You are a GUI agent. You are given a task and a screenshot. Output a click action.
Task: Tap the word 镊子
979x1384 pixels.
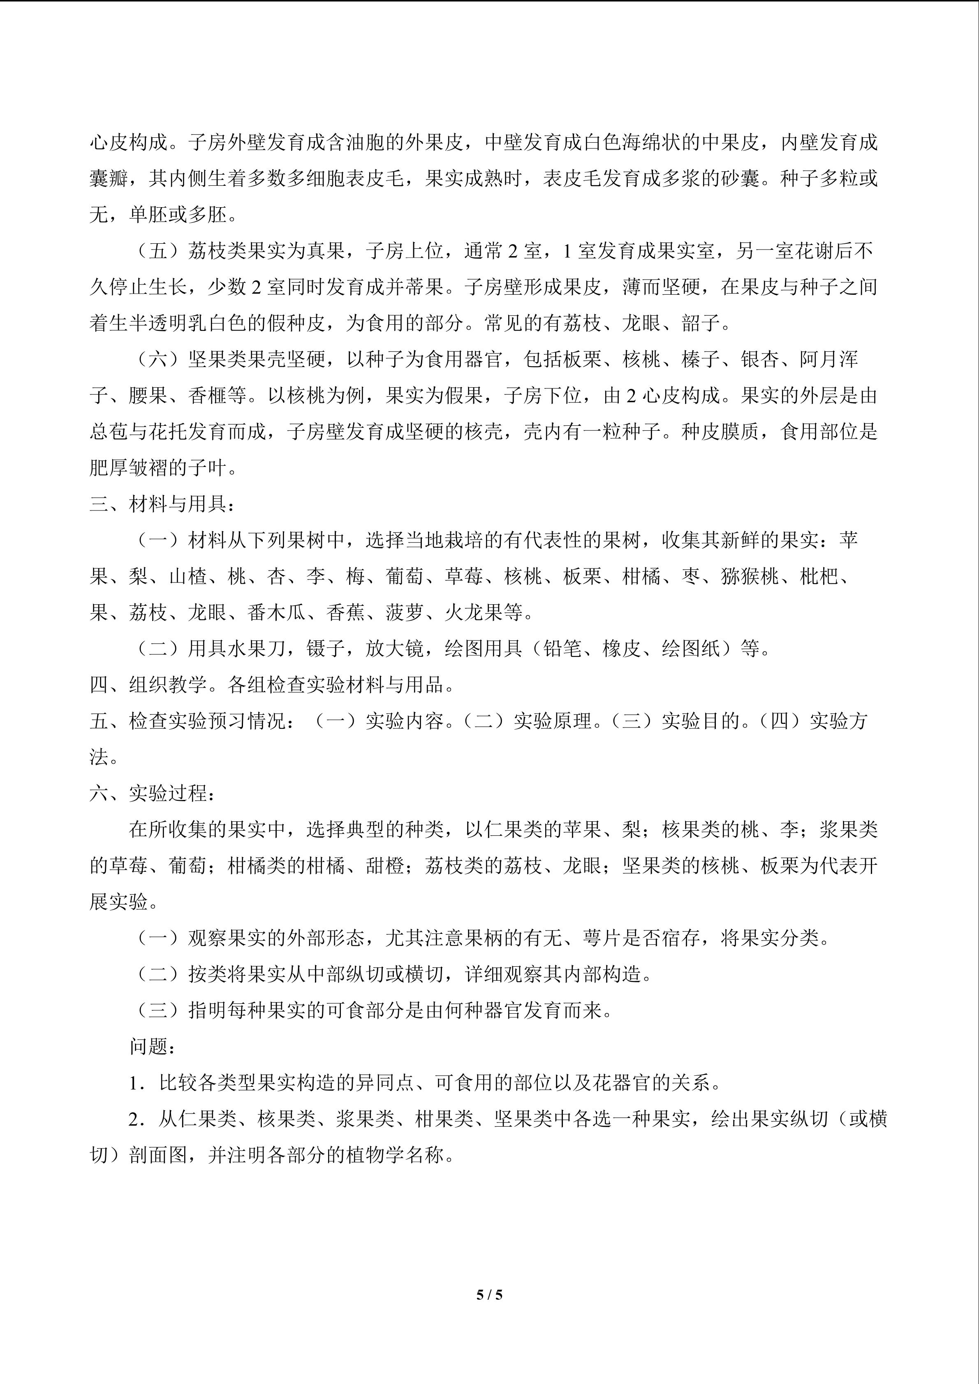click(x=326, y=649)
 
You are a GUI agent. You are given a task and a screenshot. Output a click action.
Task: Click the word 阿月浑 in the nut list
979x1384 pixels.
click(x=829, y=359)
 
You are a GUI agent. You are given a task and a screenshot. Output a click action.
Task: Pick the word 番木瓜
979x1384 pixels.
click(x=276, y=612)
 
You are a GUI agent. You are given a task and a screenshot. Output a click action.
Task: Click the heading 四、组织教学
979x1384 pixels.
click(x=158, y=685)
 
